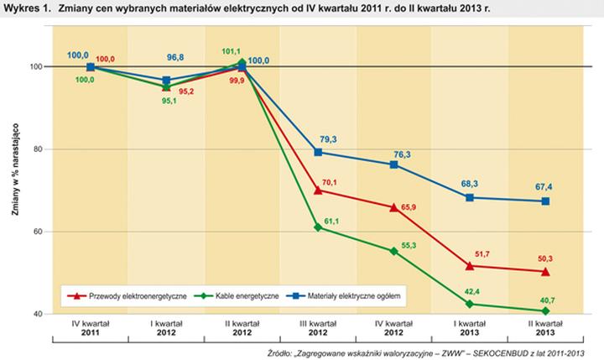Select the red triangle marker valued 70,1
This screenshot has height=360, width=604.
click(x=318, y=190)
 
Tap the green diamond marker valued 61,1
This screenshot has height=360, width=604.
click(x=318, y=227)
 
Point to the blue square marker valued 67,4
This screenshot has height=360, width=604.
click(x=546, y=201)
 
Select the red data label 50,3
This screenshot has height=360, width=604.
click(x=546, y=258)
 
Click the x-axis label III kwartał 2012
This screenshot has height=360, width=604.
click(x=318, y=326)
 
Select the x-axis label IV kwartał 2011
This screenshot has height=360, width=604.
click(x=90, y=326)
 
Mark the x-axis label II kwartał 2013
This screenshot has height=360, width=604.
click(x=546, y=326)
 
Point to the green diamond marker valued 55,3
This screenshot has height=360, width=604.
click(x=394, y=251)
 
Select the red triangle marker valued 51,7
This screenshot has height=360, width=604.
click(x=470, y=266)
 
